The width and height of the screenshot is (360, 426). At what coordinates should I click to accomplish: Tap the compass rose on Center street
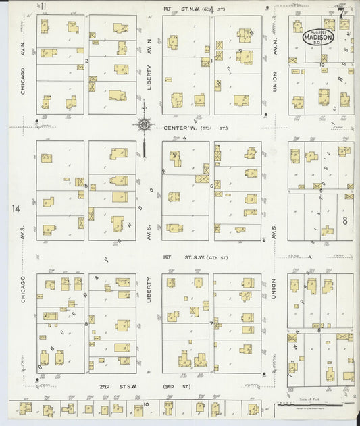click(143, 124)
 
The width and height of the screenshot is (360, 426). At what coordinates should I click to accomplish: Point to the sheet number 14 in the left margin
click(16, 209)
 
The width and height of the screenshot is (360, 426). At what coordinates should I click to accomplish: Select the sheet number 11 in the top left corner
click(43, 7)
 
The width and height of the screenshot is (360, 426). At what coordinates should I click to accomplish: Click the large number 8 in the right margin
click(344, 220)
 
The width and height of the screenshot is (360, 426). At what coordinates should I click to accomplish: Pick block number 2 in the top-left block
click(86, 61)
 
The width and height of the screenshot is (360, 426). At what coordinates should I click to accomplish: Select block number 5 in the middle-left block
click(86, 185)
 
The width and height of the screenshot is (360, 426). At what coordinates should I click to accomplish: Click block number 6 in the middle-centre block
click(211, 186)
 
